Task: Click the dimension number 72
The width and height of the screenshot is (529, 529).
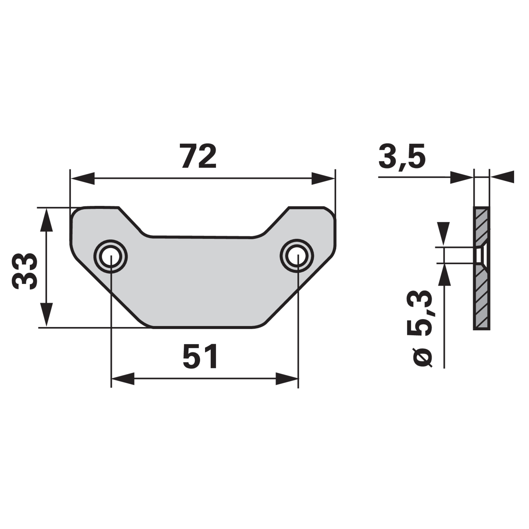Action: [x=199, y=156]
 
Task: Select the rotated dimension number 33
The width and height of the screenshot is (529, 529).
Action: [x=24, y=271]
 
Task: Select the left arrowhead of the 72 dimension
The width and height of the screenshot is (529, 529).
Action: [x=83, y=178]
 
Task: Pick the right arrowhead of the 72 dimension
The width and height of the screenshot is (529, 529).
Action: [x=323, y=178]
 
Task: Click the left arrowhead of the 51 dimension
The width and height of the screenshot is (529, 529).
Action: [x=123, y=379]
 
